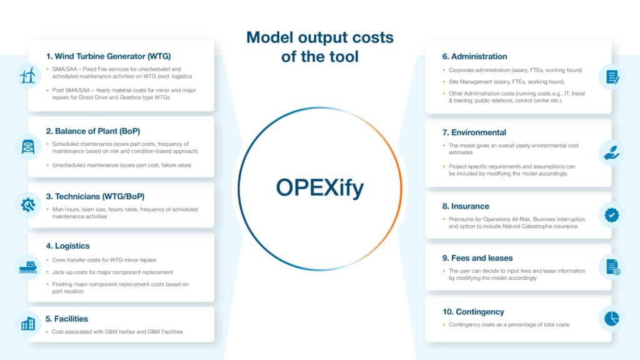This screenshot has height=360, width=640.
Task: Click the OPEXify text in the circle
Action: pyautogui.click(x=319, y=187)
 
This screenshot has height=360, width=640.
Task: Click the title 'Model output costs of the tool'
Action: pyautogui.click(x=319, y=47)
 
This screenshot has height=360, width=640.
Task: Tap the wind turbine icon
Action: pyautogui.click(x=27, y=76)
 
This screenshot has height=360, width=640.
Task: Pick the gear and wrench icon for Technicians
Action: pyautogui.click(x=27, y=205)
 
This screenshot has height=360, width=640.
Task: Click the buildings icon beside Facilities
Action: pyautogui.click(x=27, y=324)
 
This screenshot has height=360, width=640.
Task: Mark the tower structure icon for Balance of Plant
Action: pyautogui.click(x=27, y=146)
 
